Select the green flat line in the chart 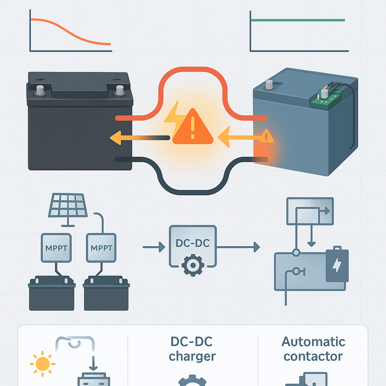(x=298, y=20)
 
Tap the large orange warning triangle (x=193, y=128)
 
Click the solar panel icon (x=68, y=205)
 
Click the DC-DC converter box (x=193, y=243)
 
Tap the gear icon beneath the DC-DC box (x=193, y=265)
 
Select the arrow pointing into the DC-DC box (x=155, y=247)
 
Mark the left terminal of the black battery (x=39, y=90)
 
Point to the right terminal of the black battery (x=119, y=90)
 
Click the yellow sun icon (x=42, y=364)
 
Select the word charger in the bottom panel (x=192, y=356)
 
